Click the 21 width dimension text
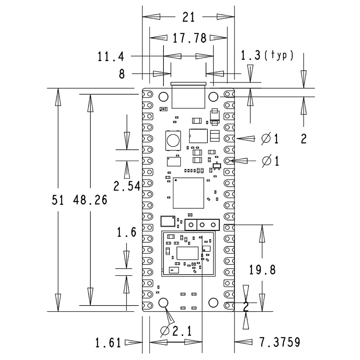point(188,17)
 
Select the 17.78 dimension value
point(189,38)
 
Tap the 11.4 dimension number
point(111,56)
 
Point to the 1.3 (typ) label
point(267,55)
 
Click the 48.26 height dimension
point(90,200)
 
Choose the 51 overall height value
point(58,200)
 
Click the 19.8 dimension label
point(262,270)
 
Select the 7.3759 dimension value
point(279,342)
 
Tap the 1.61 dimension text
point(108,342)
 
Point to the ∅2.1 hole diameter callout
point(176,331)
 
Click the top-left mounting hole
point(163,96)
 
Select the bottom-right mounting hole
point(213,302)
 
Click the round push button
point(173,140)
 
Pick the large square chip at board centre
point(188,193)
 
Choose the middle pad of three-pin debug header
point(202,224)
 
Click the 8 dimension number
point(122,74)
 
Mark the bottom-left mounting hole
point(163,302)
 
